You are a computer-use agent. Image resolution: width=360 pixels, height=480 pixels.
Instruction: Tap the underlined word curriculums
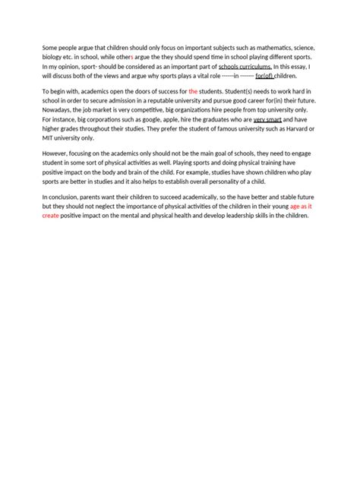252,67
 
